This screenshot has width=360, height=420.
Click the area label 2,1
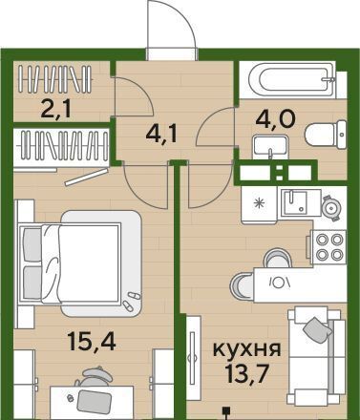57,108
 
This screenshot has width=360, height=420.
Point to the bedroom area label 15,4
92,342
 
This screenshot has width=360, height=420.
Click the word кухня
246,349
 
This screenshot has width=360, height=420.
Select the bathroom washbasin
270,147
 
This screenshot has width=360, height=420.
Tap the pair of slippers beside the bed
132,301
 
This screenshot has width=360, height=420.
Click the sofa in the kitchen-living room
317,356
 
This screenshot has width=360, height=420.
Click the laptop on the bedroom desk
95,402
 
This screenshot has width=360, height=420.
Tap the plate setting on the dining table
281,281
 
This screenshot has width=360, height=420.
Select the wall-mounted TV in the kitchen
192,358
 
